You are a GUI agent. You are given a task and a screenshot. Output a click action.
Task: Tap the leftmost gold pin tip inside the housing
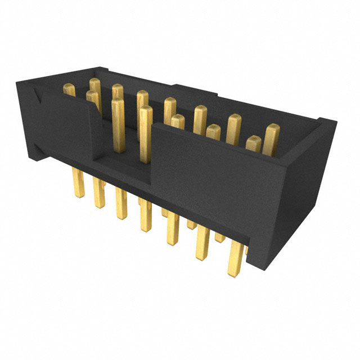(70, 89)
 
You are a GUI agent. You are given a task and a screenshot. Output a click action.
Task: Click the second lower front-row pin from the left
(100, 194)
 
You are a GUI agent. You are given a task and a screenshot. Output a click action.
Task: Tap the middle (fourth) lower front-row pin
(146, 217)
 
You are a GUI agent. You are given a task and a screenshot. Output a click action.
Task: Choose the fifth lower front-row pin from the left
(172, 231)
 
